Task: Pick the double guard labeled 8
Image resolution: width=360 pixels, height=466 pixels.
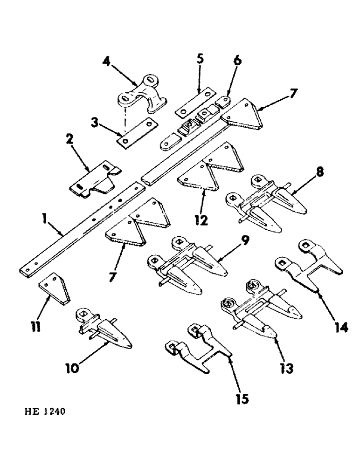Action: pyautogui.click(x=261, y=205)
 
